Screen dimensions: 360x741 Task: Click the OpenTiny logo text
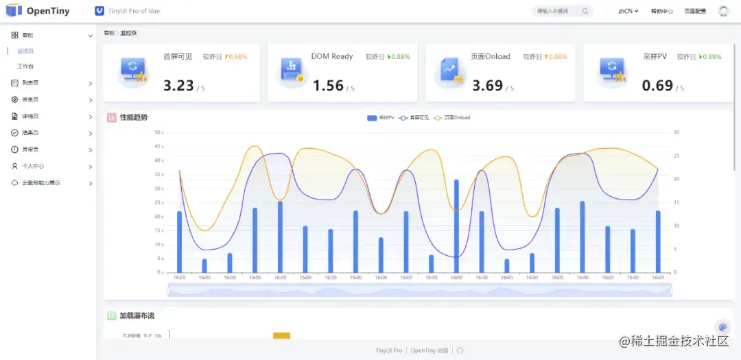pos(48,11)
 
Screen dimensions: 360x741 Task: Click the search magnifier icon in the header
pos(585,11)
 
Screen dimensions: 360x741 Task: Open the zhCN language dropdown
pos(628,11)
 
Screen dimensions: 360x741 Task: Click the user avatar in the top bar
pos(723,11)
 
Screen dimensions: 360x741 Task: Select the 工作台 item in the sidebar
pos(25,67)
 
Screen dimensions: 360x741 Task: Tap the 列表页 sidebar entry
pos(30,83)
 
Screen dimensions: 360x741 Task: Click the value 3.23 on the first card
pos(178,86)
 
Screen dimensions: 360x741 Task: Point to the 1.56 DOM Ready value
pos(328,86)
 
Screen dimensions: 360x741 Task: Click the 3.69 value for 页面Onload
pos(487,86)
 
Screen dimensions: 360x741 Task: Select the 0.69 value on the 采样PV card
pos(657,86)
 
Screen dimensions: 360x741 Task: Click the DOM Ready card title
pos(332,56)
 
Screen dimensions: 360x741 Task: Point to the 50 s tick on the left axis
pos(158,132)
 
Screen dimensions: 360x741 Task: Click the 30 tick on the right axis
pos(676,132)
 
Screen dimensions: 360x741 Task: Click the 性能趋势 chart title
pos(134,117)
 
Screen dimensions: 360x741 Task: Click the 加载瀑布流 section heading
pos(137,316)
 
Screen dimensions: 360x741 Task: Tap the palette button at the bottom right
pos(722,327)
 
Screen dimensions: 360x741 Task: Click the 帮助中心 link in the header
pos(661,11)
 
